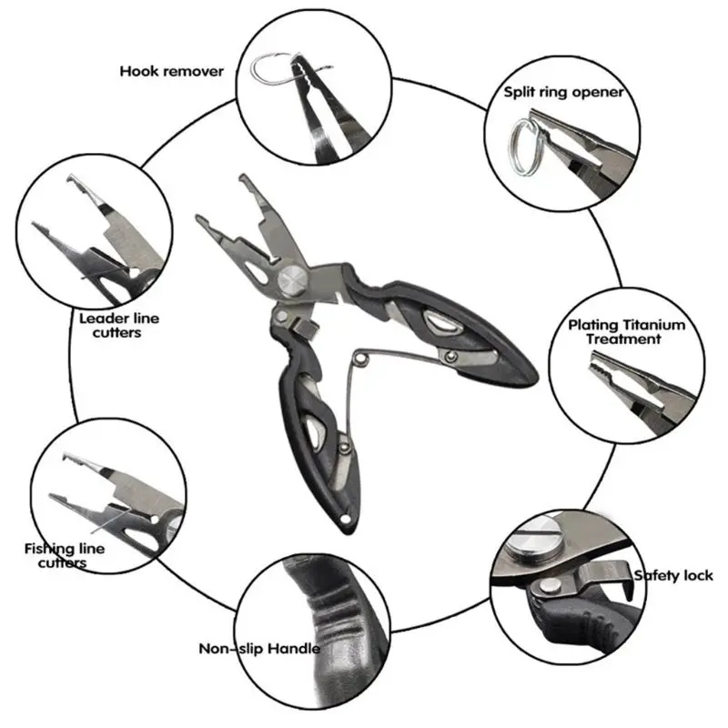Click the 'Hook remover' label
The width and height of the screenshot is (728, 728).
coord(171,71)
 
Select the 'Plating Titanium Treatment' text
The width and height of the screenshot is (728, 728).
coord(626,331)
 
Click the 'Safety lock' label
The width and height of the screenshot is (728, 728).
coord(673,575)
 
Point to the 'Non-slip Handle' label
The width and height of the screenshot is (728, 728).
coord(259,649)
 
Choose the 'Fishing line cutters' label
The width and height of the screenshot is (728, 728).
coord(64,555)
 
